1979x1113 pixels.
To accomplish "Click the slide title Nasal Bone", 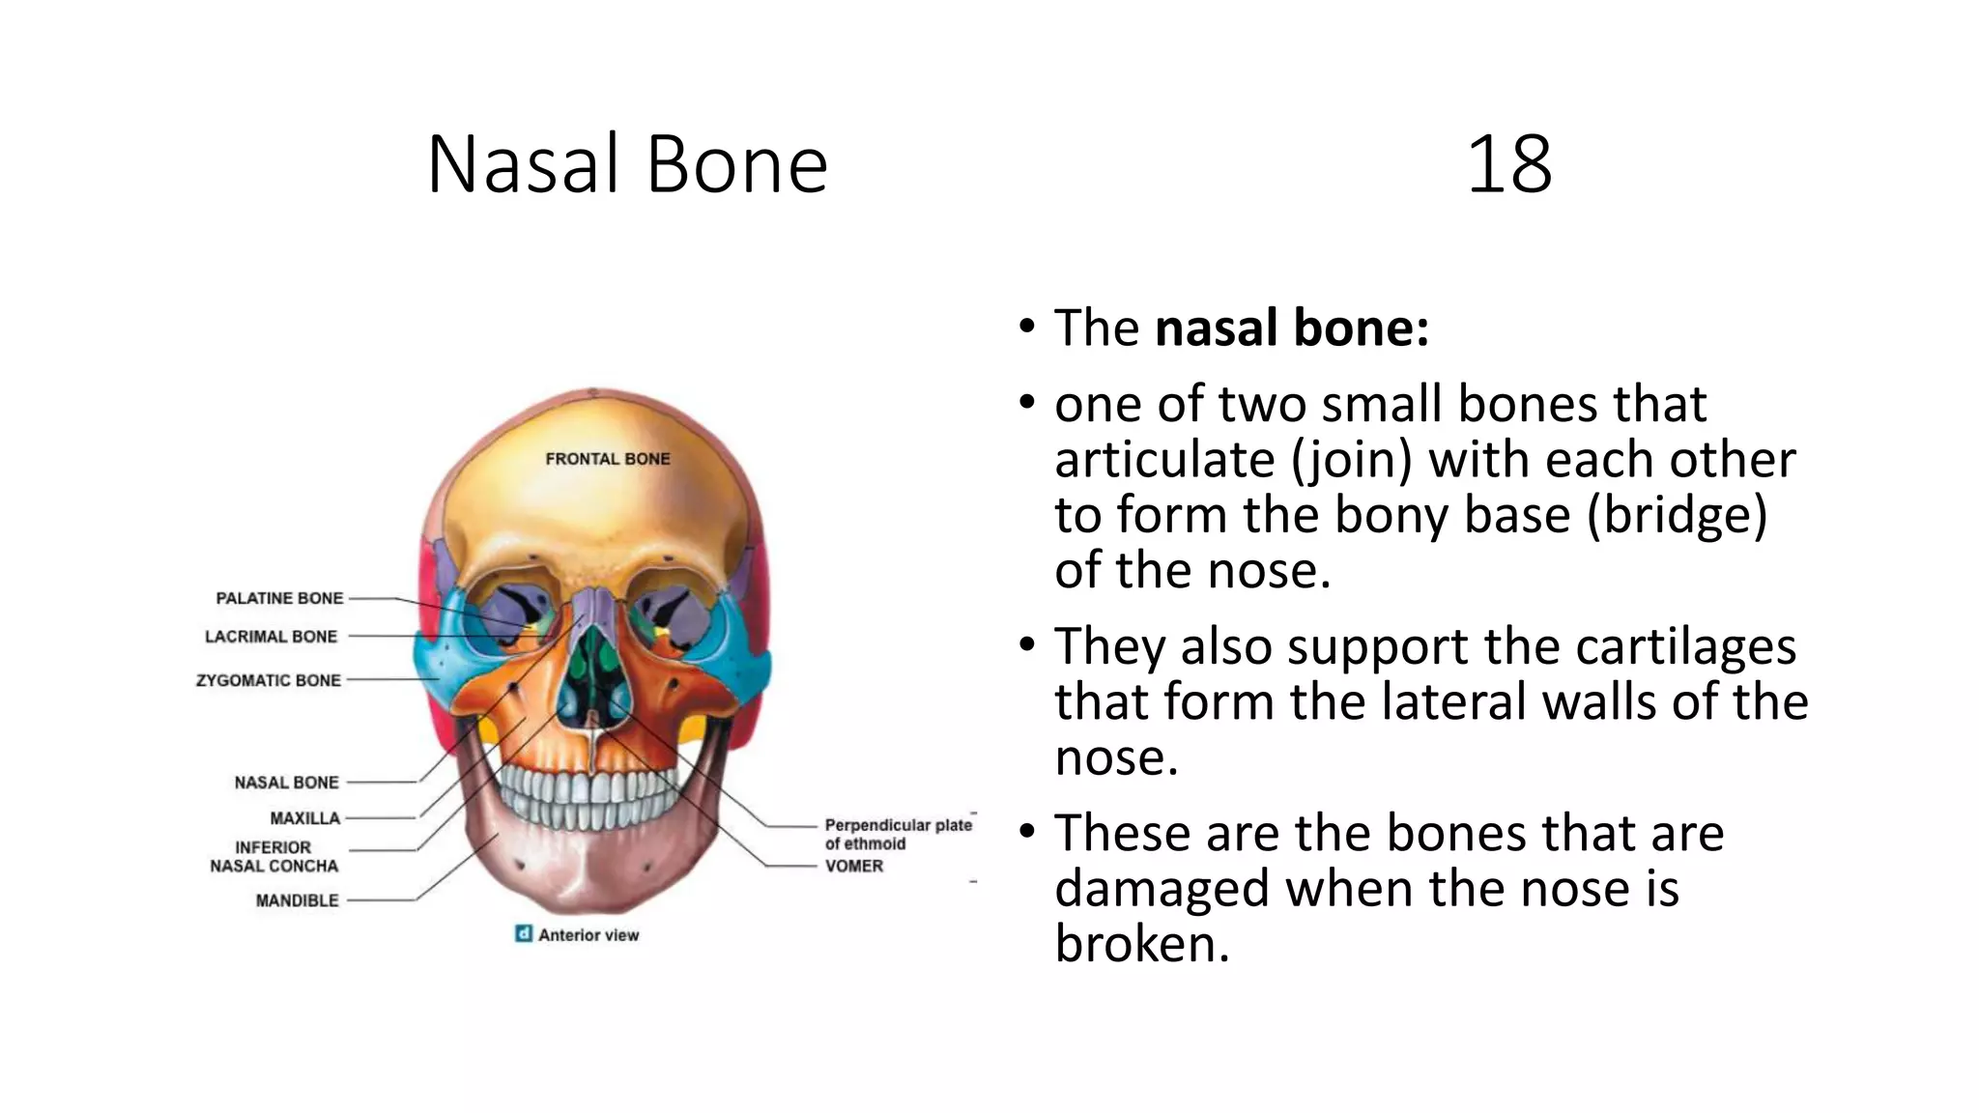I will [627, 164].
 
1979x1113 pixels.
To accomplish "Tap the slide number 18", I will [1508, 164].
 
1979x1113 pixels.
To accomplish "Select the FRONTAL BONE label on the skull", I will [607, 459].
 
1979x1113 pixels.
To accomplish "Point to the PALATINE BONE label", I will [279, 598].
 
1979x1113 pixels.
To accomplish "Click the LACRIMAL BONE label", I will [271, 637].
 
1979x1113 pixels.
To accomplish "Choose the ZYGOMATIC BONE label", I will [269, 680].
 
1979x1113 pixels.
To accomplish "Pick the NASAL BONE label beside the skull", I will [286, 783].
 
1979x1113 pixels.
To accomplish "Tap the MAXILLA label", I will [304, 818].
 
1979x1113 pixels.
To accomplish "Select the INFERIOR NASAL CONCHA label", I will [274, 857].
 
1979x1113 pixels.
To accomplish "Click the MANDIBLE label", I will [297, 900].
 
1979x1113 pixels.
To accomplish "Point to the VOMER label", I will [853, 866].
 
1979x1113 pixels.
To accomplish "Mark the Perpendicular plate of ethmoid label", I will [897, 834].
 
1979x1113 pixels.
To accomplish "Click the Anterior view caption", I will [588, 935].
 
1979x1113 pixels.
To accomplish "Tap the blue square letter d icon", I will [523, 934].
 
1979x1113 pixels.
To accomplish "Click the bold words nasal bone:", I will [1292, 328].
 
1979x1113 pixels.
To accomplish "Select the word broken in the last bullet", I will [1141, 944].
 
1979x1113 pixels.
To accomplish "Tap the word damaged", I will [1162, 889].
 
